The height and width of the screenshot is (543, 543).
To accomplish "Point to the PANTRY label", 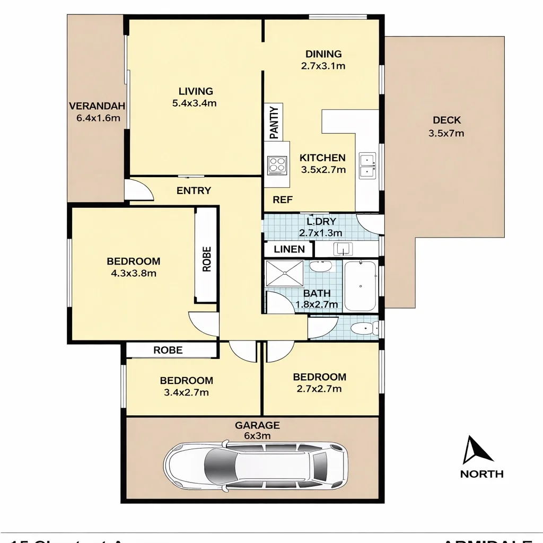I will click(x=274, y=122).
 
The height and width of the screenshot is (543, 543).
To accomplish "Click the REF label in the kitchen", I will click(x=283, y=200).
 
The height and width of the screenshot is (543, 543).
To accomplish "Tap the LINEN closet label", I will click(x=289, y=249).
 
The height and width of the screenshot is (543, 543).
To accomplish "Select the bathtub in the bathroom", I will click(x=360, y=286).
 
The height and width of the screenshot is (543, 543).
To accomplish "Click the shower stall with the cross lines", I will click(x=285, y=274).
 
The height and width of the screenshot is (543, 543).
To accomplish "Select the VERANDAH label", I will click(x=97, y=106).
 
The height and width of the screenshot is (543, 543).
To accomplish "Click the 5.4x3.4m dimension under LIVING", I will click(x=194, y=104).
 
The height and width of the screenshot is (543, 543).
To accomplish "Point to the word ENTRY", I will click(x=194, y=191).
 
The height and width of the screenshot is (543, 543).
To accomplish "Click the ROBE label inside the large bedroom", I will click(x=207, y=259).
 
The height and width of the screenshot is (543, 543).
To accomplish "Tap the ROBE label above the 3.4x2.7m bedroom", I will click(x=168, y=350).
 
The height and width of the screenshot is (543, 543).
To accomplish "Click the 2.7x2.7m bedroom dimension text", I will click(x=319, y=389).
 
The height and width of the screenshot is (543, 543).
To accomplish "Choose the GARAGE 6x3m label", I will click(x=257, y=430).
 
